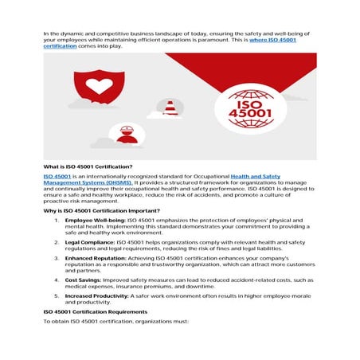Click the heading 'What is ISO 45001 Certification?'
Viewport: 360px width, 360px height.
pyautogui.click(x=82, y=166)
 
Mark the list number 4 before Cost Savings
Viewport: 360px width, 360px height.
pyautogui.click(x=56, y=280)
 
